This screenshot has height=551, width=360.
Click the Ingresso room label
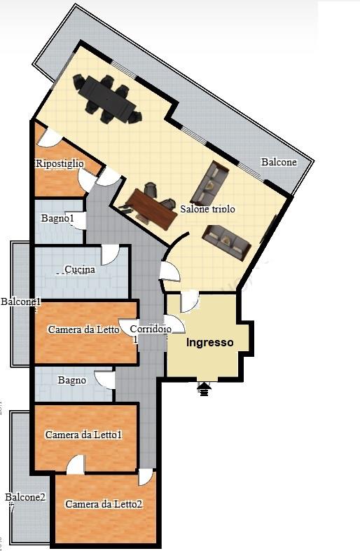point(209,342)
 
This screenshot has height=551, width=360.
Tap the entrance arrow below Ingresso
point(205,389)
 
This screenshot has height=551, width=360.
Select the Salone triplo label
point(207,209)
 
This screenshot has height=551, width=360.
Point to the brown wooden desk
point(152,209)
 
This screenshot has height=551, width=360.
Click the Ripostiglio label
point(60,163)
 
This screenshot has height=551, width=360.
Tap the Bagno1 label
point(57,218)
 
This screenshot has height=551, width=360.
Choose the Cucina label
point(80,269)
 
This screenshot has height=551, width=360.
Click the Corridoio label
point(151,329)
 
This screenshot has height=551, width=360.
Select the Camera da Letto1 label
point(83,435)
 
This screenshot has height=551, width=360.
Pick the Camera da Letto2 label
point(104,504)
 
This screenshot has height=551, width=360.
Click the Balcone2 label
point(25,497)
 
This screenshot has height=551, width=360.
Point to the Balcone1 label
point(21,301)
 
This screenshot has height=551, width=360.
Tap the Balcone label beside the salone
point(279,162)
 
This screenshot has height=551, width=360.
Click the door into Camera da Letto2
point(146,477)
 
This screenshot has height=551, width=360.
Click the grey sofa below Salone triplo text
point(227,242)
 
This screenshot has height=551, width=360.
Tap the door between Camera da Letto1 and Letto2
point(76,464)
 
